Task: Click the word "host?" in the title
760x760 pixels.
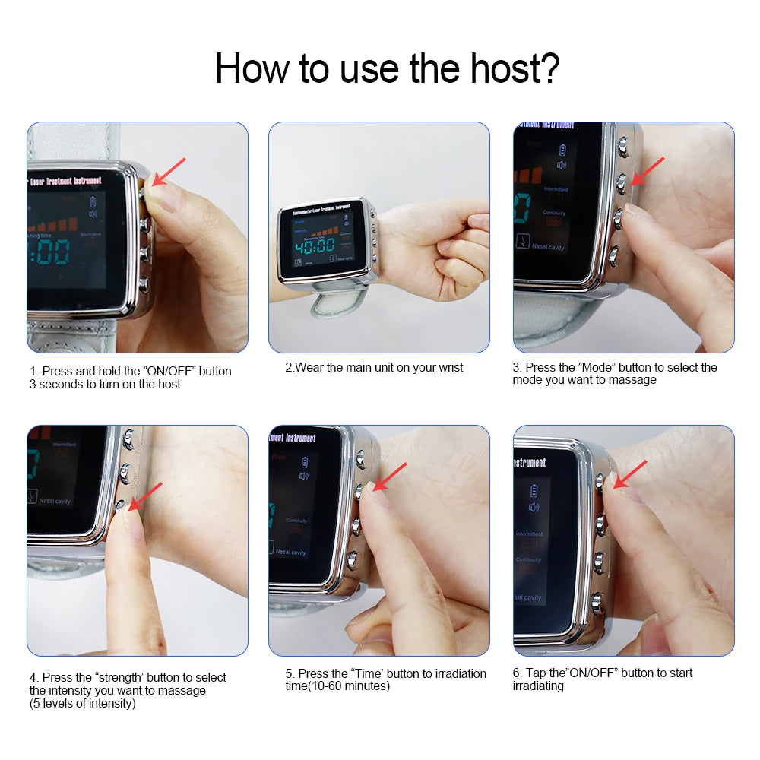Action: (511, 68)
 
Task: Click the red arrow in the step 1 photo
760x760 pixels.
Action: (168, 172)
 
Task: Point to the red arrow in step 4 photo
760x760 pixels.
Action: (146, 495)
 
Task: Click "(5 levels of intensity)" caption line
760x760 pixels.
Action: (82, 703)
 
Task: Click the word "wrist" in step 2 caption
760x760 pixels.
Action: (448, 367)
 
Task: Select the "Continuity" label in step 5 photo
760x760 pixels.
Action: (297, 521)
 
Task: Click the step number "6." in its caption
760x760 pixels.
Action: (518, 673)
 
